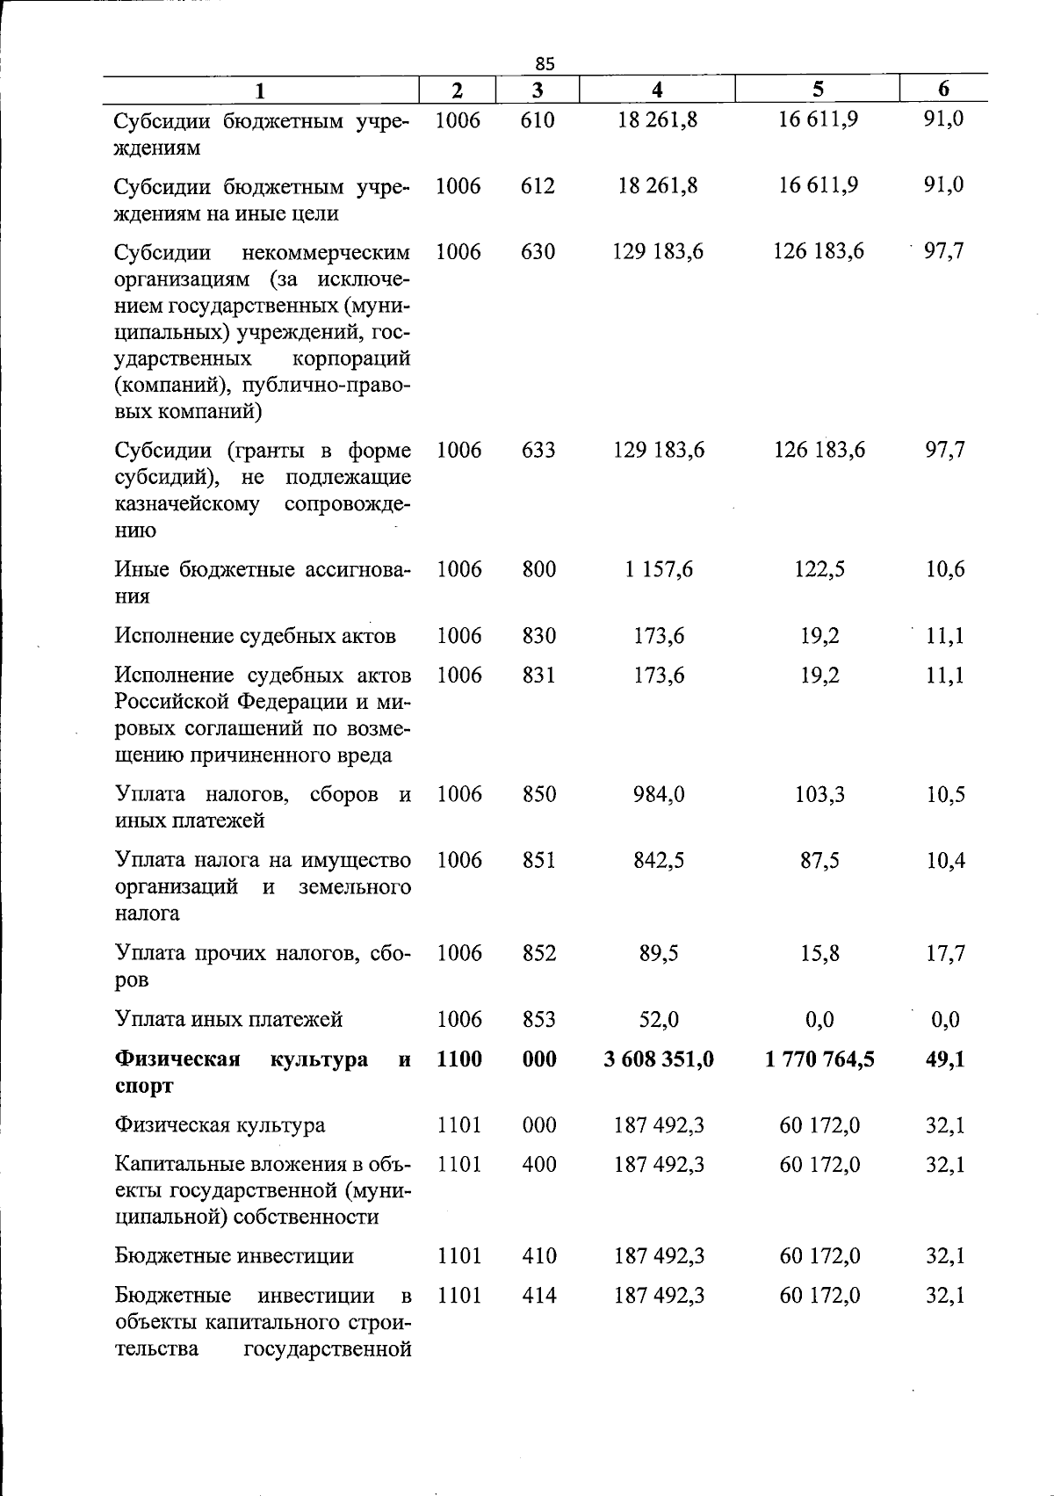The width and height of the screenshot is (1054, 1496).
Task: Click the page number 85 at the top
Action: click(x=545, y=63)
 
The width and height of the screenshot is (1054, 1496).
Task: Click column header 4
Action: click(x=657, y=89)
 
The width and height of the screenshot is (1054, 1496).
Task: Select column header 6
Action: click(x=943, y=88)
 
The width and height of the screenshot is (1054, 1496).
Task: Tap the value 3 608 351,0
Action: click(x=659, y=1059)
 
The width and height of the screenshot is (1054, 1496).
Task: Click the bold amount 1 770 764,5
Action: click(x=819, y=1059)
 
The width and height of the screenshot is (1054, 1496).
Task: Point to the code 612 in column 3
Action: click(x=538, y=185)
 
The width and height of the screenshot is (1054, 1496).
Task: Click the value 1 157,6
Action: click(x=659, y=569)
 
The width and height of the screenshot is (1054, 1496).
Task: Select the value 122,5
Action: click(x=819, y=569)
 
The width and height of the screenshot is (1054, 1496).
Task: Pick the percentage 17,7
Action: click(x=945, y=953)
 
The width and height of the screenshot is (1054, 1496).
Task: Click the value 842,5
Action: click(x=659, y=860)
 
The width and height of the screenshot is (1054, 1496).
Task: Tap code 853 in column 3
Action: click(x=538, y=1019)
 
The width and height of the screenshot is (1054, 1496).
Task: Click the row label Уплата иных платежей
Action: click(x=228, y=1019)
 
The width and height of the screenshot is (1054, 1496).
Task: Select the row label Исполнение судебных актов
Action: click(x=255, y=635)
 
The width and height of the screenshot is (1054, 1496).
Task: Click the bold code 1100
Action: click(x=458, y=1059)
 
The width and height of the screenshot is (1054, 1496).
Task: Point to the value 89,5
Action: click(x=659, y=953)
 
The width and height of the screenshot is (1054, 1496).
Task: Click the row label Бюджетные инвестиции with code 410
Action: click(x=234, y=1256)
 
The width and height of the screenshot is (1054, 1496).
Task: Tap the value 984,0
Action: click(x=659, y=794)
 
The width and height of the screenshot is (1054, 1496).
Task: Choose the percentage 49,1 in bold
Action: click(x=945, y=1059)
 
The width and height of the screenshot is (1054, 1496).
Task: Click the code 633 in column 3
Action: click(x=538, y=450)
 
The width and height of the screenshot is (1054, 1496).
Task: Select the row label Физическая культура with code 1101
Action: click(x=220, y=1125)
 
